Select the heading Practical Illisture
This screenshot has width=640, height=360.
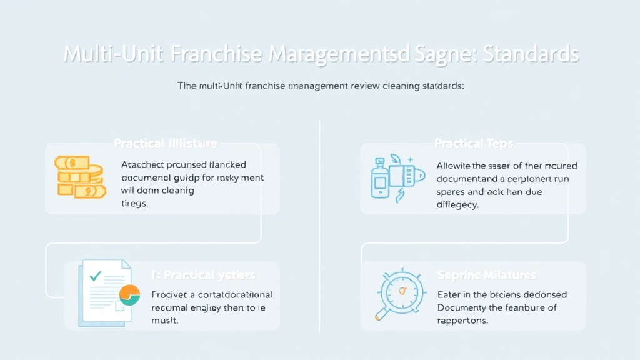pos(166,143)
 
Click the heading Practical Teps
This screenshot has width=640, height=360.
pos(473,143)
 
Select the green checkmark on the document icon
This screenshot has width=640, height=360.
pos(96,275)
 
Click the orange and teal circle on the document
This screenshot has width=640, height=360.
pos(129,294)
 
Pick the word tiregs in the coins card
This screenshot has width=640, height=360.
pos(134,204)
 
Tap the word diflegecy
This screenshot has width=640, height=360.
pos(458,204)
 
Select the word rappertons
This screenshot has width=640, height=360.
pos(462,320)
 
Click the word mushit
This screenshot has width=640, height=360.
pos(165,320)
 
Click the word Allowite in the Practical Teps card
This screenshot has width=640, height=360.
pos(453,166)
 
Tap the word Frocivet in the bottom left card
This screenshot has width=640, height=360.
pos(169,294)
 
